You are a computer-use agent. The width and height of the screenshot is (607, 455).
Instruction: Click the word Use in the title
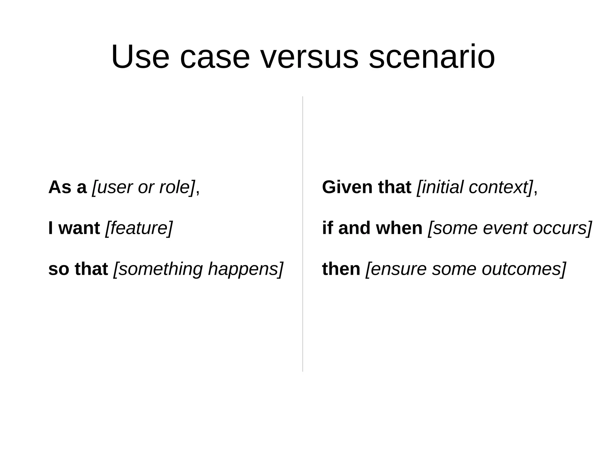[140, 57]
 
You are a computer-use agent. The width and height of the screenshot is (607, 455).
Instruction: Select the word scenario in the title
[432, 57]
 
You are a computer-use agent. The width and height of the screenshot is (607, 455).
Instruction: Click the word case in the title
[215, 57]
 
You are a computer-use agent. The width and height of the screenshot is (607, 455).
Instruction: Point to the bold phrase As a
[67, 187]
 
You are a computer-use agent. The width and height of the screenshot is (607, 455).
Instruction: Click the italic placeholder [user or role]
[143, 187]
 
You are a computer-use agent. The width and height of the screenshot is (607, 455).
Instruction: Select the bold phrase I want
[74, 228]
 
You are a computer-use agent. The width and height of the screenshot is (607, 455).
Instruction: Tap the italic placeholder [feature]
[139, 228]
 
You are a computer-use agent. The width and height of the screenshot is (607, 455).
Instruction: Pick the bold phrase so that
[78, 269]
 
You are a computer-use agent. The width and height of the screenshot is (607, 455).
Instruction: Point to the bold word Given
[347, 187]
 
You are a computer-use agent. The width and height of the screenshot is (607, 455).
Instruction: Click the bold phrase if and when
[372, 228]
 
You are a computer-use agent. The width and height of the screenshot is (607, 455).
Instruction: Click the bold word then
[341, 269]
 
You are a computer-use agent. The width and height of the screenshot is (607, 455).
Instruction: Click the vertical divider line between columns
[303, 234]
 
